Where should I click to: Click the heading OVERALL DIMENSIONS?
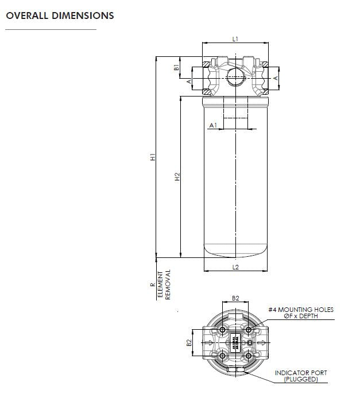click(x=60, y=16)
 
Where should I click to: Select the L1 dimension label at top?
click(x=235, y=38)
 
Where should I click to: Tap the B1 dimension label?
click(x=177, y=67)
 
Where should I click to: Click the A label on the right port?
click(x=276, y=78)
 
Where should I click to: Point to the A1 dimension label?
click(x=212, y=125)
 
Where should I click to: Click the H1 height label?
click(x=153, y=156)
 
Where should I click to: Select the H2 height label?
click(x=177, y=177)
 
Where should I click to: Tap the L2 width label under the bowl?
click(x=235, y=267)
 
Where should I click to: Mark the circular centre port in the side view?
click(x=235, y=76)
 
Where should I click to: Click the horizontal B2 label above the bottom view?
click(x=235, y=298)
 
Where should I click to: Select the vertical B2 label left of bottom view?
click(x=189, y=343)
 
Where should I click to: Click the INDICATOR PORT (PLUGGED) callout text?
click(x=300, y=376)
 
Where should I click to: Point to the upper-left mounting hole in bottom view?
click(x=223, y=330)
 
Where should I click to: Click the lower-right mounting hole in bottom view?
click(x=248, y=356)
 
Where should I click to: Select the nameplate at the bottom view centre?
click(x=235, y=343)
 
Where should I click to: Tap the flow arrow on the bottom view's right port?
click(x=261, y=344)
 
